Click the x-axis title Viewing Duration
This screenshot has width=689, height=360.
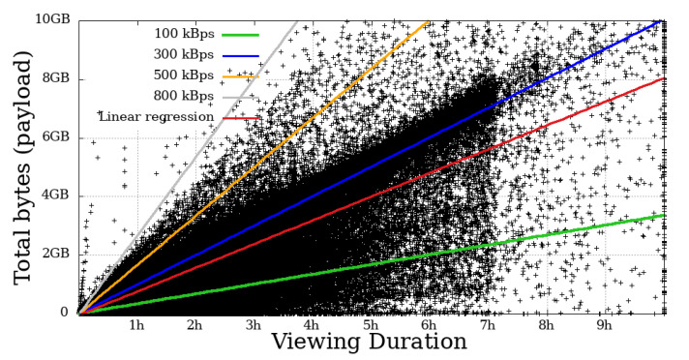point(370,344)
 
